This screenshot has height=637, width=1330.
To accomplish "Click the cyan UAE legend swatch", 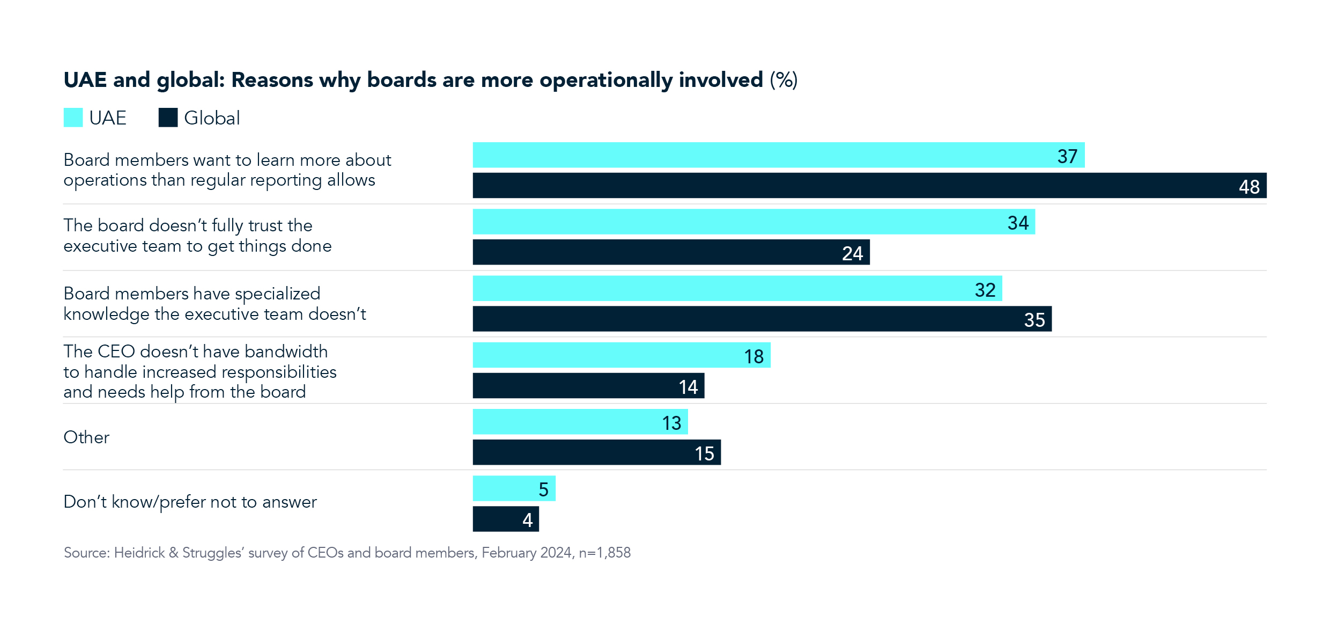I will pyautogui.click(x=73, y=118).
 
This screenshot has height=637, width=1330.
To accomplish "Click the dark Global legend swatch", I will pyautogui.click(x=168, y=118).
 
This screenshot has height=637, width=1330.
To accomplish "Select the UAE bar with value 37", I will pyautogui.click(x=778, y=155).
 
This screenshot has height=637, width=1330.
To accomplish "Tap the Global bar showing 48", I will pyautogui.click(x=869, y=186).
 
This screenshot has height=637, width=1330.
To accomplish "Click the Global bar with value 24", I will pyautogui.click(x=670, y=252).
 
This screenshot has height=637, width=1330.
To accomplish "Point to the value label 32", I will pyautogui.click(x=985, y=290).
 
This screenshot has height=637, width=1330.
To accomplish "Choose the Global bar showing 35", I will pyautogui.click(x=762, y=319).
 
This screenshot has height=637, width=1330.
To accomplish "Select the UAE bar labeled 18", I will pyautogui.click(x=621, y=355).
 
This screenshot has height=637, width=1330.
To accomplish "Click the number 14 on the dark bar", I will pyautogui.click(x=688, y=387).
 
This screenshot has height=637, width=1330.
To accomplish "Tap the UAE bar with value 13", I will pyautogui.click(x=580, y=422).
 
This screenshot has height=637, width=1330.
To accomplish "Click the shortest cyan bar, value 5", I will pyautogui.click(x=514, y=488).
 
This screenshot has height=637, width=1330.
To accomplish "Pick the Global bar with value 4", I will pyautogui.click(x=505, y=519).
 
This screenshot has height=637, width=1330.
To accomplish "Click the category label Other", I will pyautogui.click(x=86, y=437).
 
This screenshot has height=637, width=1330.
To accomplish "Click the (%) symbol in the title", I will pyautogui.click(x=784, y=80).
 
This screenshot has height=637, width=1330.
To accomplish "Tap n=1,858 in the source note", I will pyautogui.click(x=604, y=553).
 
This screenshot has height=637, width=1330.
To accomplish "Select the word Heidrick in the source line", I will pyautogui.click(x=139, y=553).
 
